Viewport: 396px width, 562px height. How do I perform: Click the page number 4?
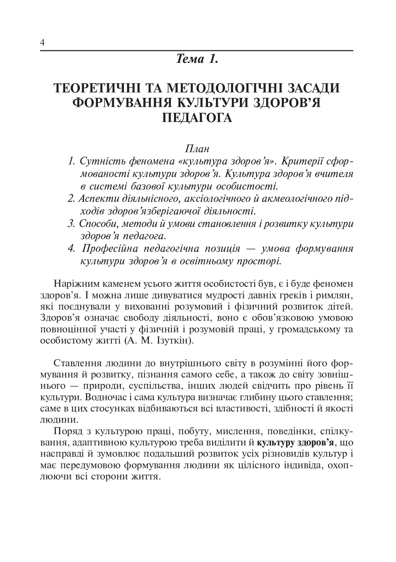(x=42, y=43)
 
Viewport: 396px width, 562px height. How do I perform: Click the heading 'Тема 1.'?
(x=196, y=60)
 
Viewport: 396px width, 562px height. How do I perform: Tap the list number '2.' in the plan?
(x=71, y=198)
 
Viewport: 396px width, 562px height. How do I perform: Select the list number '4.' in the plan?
(x=72, y=249)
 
